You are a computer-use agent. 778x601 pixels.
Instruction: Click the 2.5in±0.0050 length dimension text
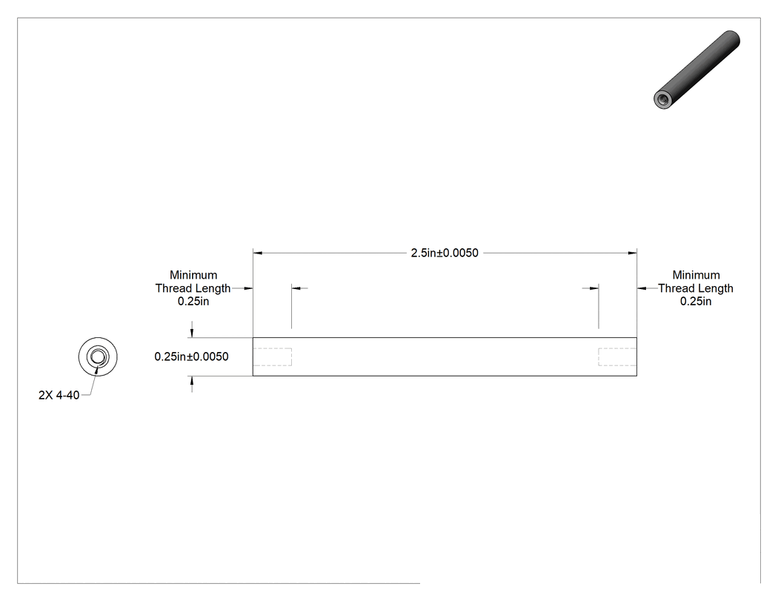pos(445,253)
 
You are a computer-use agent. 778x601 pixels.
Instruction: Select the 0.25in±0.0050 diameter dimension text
pos(191,357)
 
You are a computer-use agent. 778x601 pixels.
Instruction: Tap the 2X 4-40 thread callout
pos(59,395)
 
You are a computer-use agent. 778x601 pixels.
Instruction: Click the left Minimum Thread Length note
pos(193,288)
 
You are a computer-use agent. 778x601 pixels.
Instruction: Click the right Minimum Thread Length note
pos(696,288)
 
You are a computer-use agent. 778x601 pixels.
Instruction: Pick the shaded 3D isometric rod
pos(696,70)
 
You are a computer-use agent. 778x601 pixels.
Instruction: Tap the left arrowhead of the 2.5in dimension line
pos(258,253)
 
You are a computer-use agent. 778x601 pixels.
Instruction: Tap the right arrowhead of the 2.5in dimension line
pos(632,253)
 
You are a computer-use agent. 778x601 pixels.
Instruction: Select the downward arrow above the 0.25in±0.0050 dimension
pos(192,333)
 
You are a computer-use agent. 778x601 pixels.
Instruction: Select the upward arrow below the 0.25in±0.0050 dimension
pos(192,381)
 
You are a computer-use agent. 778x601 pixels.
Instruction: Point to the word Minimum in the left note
pos(193,275)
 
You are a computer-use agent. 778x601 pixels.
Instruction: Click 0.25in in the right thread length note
pos(696,302)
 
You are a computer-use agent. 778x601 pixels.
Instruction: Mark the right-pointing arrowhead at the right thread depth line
pos(594,288)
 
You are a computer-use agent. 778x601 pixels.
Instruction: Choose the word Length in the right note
pos(716,288)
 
